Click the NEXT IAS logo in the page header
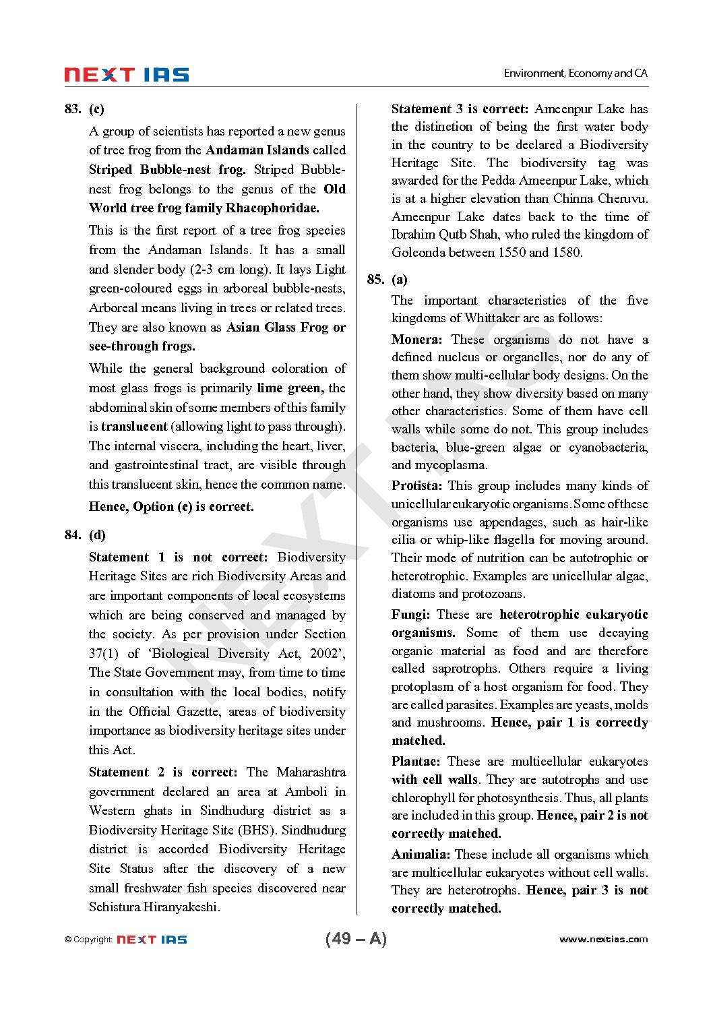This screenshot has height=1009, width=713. pyautogui.click(x=127, y=75)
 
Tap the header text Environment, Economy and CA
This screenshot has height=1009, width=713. pyautogui.click(x=576, y=73)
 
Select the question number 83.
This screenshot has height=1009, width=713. pyautogui.click(x=73, y=109)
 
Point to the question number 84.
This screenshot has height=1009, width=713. pyautogui.click(x=73, y=535)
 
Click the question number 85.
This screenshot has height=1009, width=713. pyautogui.click(x=375, y=280)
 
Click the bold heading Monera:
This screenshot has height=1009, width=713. pyautogui.click(x=416, y=340)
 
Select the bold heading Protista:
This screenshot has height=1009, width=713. pyautogui.click(x=416, y=486)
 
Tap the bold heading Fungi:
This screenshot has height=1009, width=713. pyautogui.click(x=410, y=615)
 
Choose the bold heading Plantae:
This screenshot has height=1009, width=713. pyautogui.click(x=416, y=762)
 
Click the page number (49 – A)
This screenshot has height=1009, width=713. pyautogui.click(x=356, y=939)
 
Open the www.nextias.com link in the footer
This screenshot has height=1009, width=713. pyautogui.click(x=603, y=940)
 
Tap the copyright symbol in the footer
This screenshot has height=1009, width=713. pyautogui.click(x=68, y=940)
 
